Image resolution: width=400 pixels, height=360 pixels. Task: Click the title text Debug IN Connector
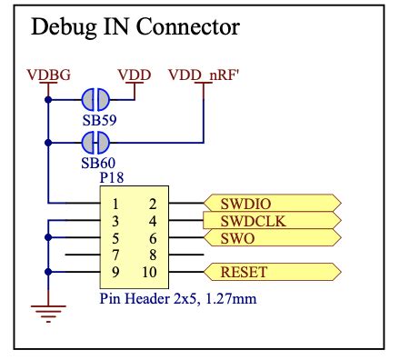point(135,27)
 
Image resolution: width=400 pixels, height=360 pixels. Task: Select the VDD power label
point(135,74)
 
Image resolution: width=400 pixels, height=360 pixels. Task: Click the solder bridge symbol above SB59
point(95,100)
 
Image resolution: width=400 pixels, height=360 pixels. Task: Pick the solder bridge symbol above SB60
point(95,142)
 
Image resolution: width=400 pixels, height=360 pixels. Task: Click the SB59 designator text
point(95,119)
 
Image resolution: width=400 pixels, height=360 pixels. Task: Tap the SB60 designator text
point(95,162)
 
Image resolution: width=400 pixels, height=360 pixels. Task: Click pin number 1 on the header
point(115,204)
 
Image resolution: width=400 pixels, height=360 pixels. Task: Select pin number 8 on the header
point(152,255)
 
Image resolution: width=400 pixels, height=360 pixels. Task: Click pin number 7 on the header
point(115,255)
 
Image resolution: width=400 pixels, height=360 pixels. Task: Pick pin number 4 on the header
point(152,221)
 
